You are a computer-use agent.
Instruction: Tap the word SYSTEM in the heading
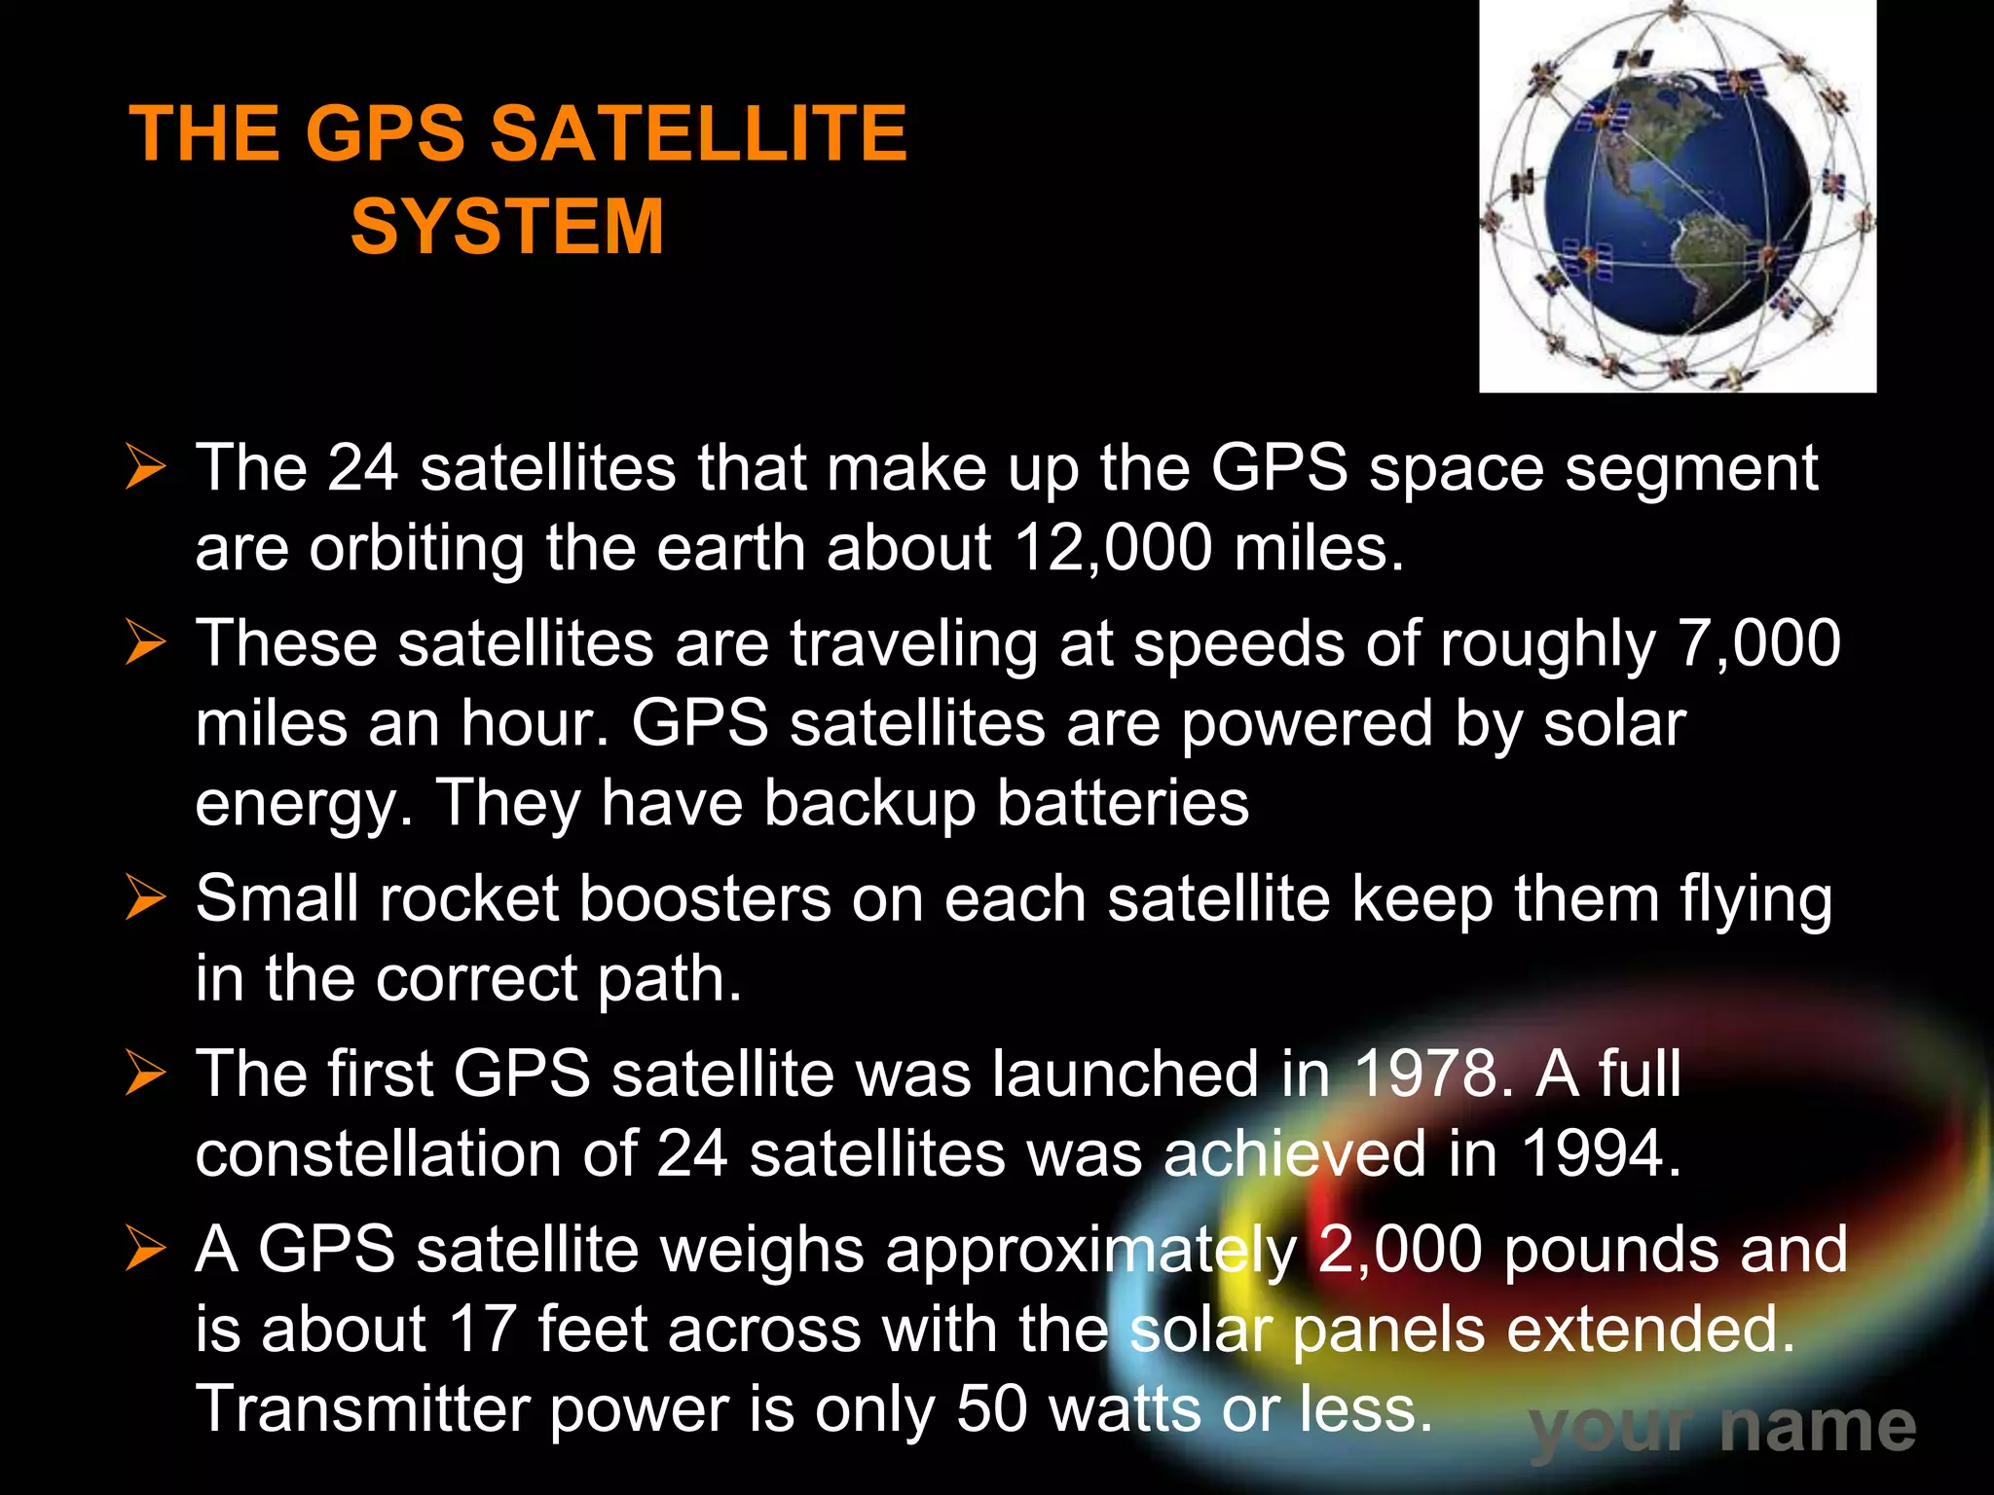(507, 227)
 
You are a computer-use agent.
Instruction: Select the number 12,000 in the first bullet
(1113, 548)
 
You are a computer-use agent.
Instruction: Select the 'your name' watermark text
(1721, 1427)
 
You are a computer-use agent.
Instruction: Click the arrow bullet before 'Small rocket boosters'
(146, 897)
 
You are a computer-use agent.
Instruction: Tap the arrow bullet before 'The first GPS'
(146, 1074)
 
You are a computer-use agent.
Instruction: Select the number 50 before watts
(991, 1408)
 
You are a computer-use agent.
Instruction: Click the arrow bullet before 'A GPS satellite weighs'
(146, 1249)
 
